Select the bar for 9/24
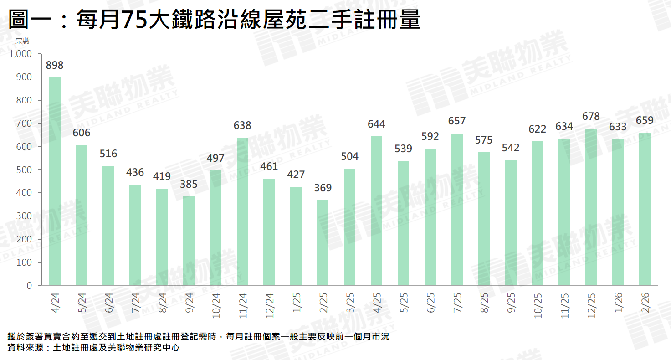point(189,241)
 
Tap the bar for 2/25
point(323,243)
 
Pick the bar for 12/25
point(591,207)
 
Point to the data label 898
point(55,66)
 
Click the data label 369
point(323,188)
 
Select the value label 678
point(591,116)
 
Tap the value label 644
point(377,124)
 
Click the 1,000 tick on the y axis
point(20,54)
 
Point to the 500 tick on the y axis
point(24,170)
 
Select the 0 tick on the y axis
point(29,286)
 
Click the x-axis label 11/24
point(243,305)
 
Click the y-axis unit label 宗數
point(22,41)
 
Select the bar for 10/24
point(216,228)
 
